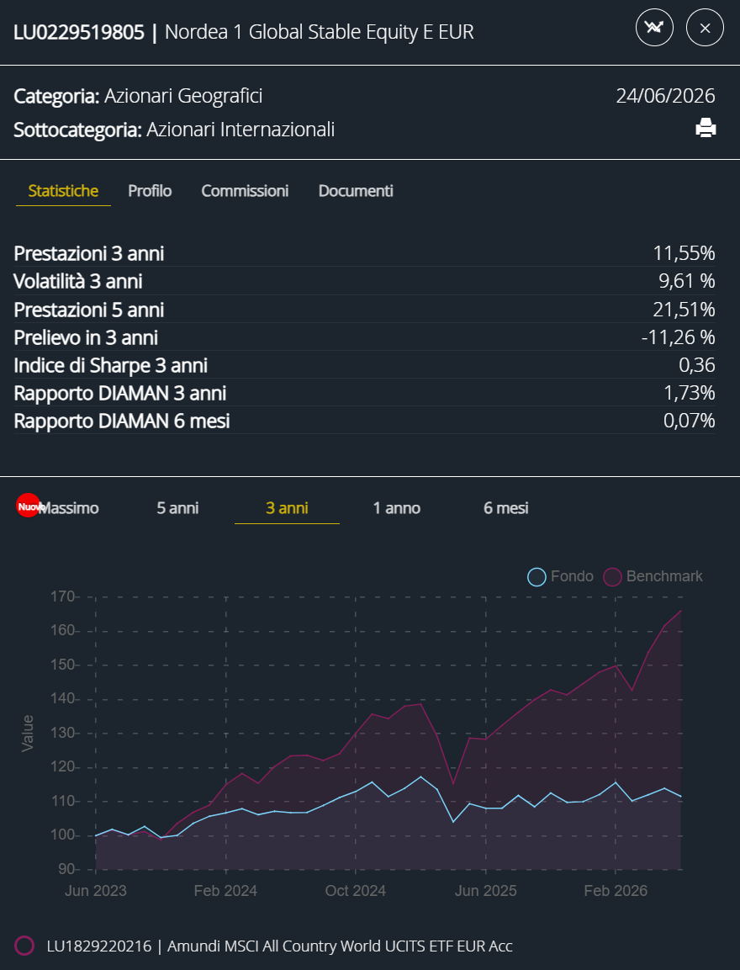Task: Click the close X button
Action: (705, 28)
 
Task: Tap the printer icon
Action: (706, 127)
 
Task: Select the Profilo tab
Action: (150, 190)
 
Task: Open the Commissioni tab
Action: (245, 190)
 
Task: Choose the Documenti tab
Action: (356, 190)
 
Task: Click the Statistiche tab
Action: (63, 190)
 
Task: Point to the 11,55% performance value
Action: (684, 253)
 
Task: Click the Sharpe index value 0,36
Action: (697, 365)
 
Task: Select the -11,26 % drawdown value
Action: (678, 337)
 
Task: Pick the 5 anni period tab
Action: (177, 508)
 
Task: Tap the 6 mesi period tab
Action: (505, 508)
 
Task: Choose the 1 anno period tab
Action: (396, 508)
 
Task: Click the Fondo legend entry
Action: (560, 576)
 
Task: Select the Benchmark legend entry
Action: (653, 576)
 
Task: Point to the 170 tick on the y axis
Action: (62, 597)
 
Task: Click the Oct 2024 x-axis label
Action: (356, 891)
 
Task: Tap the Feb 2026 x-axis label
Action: (616, 891)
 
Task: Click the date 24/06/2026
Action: (665, 96)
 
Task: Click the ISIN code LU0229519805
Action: (79, 32)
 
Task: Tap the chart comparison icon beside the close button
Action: (654, 28)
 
